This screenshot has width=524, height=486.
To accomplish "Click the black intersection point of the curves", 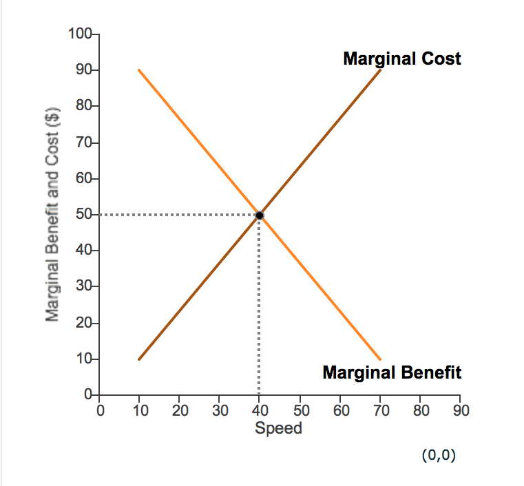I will pyautogui.click(x=260, y=215).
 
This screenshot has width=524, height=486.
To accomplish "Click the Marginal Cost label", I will pyautogui.click(x=402, y=59).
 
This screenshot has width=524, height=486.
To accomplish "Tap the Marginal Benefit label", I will pyautogui.click(x=392, y=373).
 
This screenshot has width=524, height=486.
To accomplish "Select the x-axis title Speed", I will pyautogui.click(x=278, y=428).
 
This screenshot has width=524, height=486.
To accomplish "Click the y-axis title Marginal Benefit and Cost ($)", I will pyautogui.click(x=51, y=214).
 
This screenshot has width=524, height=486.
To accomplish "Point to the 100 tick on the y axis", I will pyautogui.click(x=81, y=34).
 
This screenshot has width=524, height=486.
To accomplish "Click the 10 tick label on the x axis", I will pyautogui.click(x=139, y=411).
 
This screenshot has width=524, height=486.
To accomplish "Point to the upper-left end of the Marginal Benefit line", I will pyautogui.click(x=139, y=70).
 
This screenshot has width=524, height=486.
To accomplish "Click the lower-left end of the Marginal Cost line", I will pyautogui.click(x=139, y=359).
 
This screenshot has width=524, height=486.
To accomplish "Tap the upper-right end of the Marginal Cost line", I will pyautogui.click(x=380, y=70).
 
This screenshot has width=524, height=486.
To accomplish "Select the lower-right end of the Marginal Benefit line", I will pyautogui.click(x=380, y=359).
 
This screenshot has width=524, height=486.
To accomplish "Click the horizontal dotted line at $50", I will pyautogui.click(x=179, y=215).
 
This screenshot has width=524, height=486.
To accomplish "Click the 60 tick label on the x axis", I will pyautogui.click(x=340, y=411).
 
